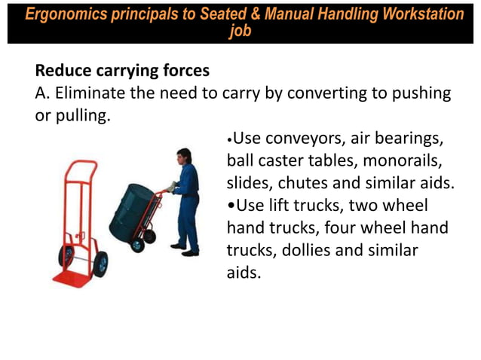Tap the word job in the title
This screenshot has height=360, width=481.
click(240, 32)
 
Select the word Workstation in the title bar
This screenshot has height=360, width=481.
click(421, 14)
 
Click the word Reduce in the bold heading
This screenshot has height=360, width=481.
click(63, 72)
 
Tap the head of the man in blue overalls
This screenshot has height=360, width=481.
click(183, 156)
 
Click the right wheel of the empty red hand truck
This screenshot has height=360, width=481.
click(100, 264)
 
